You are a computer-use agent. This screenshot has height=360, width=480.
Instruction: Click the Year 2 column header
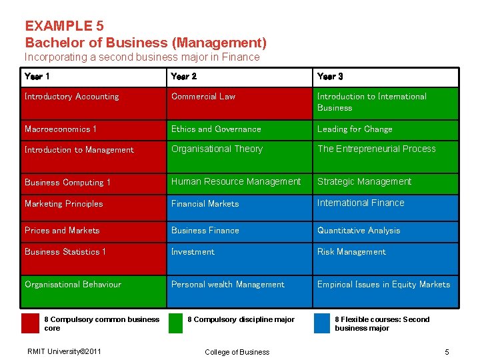pos(239,77)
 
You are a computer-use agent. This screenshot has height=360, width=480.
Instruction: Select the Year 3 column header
pos(386,77)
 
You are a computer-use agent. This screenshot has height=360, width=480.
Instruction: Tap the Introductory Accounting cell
pos(94,103)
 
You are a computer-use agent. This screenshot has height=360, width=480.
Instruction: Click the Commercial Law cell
pos(239,103)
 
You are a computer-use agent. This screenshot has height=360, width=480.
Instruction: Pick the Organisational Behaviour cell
pos(94,291)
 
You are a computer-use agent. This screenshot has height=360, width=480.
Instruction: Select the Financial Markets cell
pos(239,207)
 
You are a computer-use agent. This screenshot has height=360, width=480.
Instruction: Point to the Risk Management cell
pos(386,259)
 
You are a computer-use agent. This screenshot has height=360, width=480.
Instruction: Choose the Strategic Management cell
pos(386,184)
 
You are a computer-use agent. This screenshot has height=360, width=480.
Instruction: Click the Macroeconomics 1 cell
pos(94,130)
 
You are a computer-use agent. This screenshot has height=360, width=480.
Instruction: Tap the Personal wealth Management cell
pos(239,291)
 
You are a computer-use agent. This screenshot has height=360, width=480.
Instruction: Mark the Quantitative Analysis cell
pos(386,232)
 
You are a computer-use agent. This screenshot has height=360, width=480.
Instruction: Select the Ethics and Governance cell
pos(239,130)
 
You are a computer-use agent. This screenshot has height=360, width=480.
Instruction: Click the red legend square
pos(30,323)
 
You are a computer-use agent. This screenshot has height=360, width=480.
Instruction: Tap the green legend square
pos(175,323)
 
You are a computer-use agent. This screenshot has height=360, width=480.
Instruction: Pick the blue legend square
pos(322,323)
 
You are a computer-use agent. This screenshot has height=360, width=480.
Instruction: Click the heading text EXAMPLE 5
pos(65,26)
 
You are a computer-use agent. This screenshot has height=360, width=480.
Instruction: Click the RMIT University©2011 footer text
pos(64,351)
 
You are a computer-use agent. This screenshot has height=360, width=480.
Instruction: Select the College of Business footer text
pos(237,352)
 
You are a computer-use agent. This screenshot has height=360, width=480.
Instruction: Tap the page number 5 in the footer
pos(447,352)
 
